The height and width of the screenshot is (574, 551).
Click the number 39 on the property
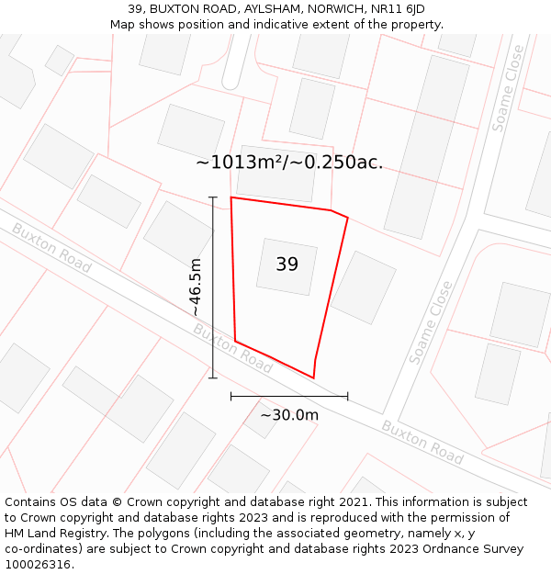coord(287,264)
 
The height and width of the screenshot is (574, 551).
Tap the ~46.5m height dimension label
coord(196,287)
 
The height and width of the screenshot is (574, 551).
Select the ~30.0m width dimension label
coord(289,415)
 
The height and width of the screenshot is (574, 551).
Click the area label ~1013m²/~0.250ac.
coord(289,163)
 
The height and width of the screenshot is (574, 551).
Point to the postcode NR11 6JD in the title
coord(391,9)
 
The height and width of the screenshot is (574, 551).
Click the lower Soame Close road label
coord(432,322)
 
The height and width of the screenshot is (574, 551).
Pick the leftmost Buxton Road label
coord(51,247)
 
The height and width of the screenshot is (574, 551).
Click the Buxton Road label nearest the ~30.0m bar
coord(232,347)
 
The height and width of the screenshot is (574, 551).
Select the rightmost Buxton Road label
coord(422,442)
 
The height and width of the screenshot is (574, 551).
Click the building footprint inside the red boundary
coord(287,266)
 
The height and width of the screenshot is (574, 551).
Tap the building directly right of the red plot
coord(364,287)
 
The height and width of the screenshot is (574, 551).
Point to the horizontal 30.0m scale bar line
coord(289,397)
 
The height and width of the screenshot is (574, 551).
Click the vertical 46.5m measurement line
coord(213,287)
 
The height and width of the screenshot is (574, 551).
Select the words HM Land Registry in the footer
coord(52,533)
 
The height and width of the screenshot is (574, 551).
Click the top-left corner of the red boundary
coord(231,197)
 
